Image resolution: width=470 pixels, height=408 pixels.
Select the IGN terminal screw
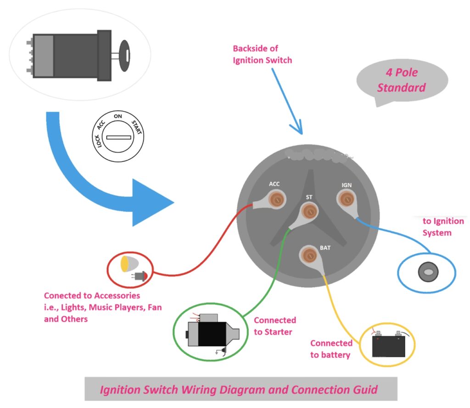coord(346,199)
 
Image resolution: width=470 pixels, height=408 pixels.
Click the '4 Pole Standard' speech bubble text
coord(401,80)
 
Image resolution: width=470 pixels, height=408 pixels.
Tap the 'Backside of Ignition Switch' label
coord(262,54)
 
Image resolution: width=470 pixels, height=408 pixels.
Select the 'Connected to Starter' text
coord(275,326)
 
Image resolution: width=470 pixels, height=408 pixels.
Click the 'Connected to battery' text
coord(331,349)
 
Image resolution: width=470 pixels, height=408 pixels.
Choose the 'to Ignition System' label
coord(443,227)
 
